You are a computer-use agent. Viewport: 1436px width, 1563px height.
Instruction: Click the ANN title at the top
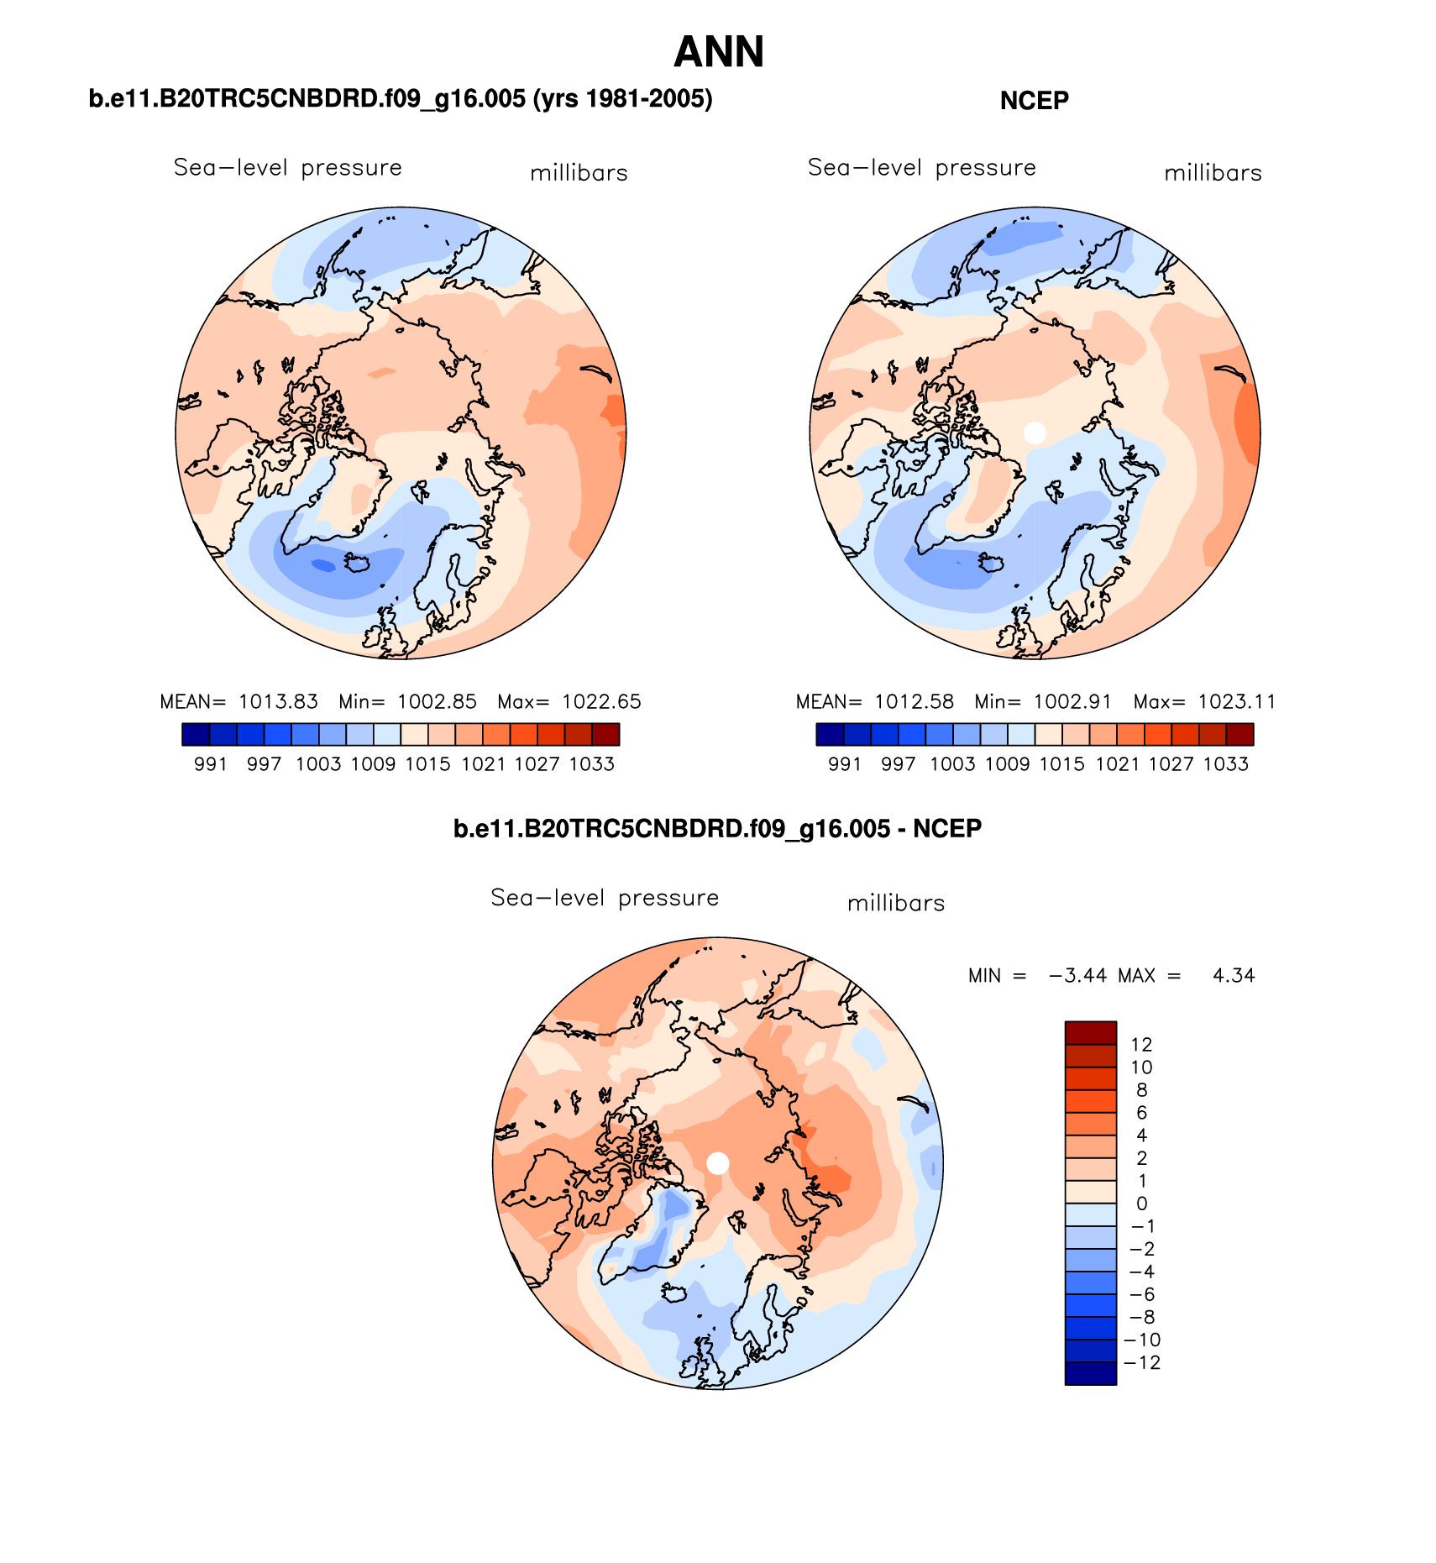(719, 52)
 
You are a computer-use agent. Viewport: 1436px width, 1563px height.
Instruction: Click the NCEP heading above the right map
(1034, 101)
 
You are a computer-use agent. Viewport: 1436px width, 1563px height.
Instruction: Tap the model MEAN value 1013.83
(278, 702)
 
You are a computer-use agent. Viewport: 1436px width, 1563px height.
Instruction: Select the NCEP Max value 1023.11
(1236, 702)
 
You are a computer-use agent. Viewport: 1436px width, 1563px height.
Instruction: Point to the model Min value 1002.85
(437, 702)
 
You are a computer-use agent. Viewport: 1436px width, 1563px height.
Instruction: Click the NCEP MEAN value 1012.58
(914, 702)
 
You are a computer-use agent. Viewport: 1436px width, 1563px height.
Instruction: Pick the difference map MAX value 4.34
(1234, 976)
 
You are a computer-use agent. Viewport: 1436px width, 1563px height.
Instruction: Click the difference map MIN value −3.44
(1078, 976)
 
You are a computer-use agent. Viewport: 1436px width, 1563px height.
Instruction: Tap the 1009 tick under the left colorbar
(373, 764)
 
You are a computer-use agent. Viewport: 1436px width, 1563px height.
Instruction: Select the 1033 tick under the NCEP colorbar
(1225, 764)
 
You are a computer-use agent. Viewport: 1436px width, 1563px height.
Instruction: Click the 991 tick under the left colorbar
(211, 764)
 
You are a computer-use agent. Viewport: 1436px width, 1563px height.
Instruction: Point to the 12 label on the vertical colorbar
(1141, 1045)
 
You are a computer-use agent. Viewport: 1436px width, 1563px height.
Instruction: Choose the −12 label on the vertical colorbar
(1142, 1363)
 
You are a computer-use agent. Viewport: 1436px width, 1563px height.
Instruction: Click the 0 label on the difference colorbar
(1141, 1204)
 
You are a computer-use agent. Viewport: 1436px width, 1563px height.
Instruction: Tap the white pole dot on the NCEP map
(1035, 433)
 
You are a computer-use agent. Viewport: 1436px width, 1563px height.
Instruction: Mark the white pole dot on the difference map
(718, 1163)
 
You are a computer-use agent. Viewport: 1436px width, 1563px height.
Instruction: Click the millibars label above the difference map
(896, 904)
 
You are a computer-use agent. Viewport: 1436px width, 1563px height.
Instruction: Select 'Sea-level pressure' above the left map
(287, 168)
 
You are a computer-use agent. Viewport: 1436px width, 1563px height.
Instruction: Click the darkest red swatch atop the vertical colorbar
(1090, 1033)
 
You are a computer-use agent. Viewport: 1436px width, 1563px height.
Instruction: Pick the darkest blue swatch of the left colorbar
(196, 735)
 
